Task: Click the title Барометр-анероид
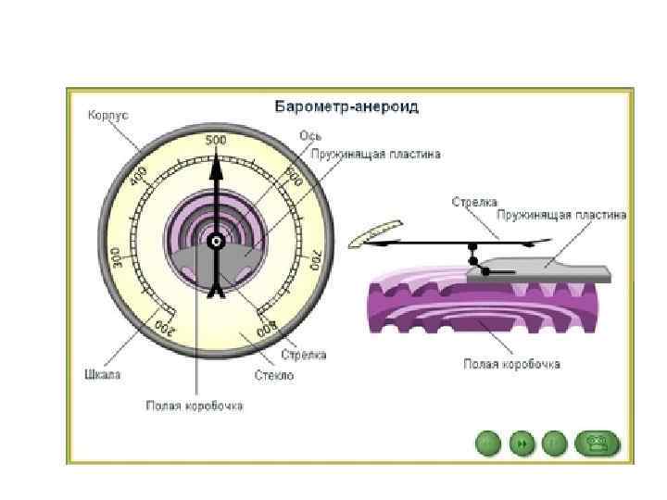point(346,106)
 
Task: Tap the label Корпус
point(107,116)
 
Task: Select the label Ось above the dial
point(309,135)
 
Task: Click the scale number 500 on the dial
point(216,140)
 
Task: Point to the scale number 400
point(140,176)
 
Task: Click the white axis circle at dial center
point(216,242)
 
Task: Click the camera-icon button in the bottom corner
point(597,444)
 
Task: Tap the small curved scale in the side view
point(379,232)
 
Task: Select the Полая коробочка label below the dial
point(195,406)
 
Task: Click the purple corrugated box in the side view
point(482,306)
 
